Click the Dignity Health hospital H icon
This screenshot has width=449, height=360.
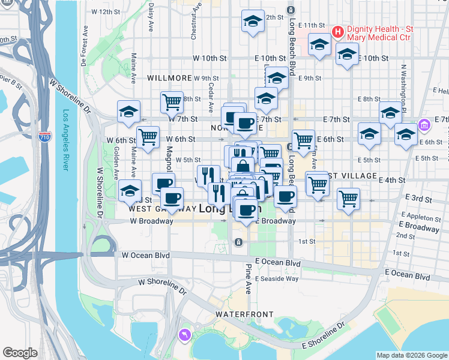point(337,31)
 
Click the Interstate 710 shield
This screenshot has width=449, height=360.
point(44,137)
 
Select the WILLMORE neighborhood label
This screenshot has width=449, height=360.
point(169,78)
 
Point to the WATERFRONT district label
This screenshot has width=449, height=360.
point(244,314)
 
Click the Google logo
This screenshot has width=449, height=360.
point(20,353)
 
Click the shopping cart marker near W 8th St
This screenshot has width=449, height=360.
point(172,101)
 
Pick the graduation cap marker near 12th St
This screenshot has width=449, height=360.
point(253,22)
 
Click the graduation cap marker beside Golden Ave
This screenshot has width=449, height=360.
point(130,190)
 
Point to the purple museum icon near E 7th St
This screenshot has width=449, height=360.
point(424,125)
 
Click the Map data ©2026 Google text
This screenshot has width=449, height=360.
point(411,355)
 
